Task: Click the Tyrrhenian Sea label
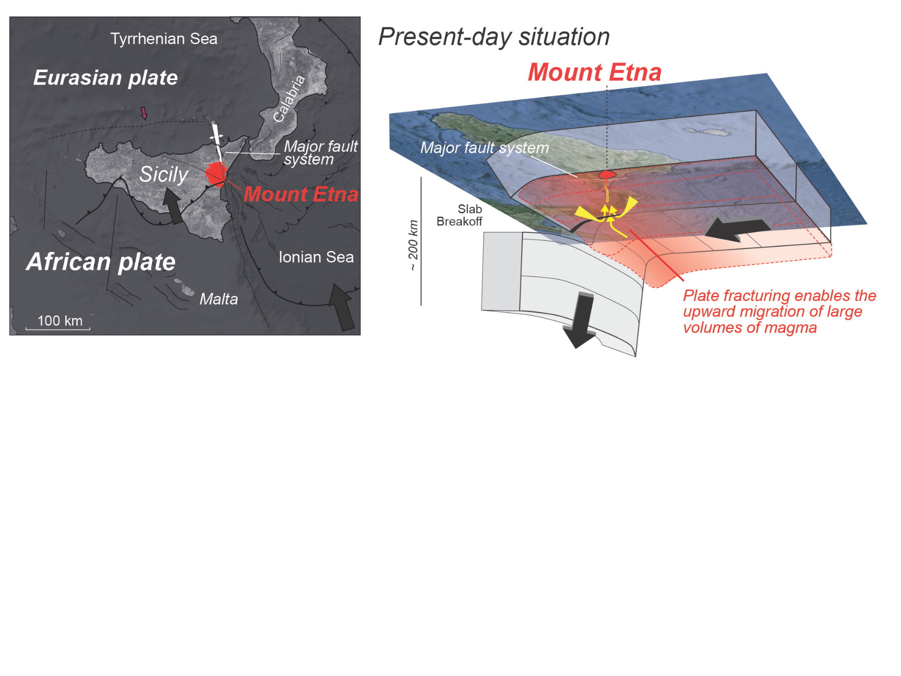click(x=164, y=39)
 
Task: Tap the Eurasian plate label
click(x=106, y=78)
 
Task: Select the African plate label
click(x=101, y=261)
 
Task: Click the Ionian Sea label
click(x=316, y=257)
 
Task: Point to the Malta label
click(x=219, y=299)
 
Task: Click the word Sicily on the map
click(x=164, y=174)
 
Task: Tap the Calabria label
click(x=289, y=99)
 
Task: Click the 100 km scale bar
click(x=58, y=328)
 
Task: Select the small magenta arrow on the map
click(x=144, y=113)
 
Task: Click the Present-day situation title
click(x=494, y=37)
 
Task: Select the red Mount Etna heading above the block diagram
click(x=595, y=72)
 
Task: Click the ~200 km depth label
click(x=413, y=245)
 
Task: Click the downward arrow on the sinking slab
click(x=580, y=320)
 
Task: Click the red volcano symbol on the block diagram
click(x=607, y=174)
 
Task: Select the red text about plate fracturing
click(x=779, y=311)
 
